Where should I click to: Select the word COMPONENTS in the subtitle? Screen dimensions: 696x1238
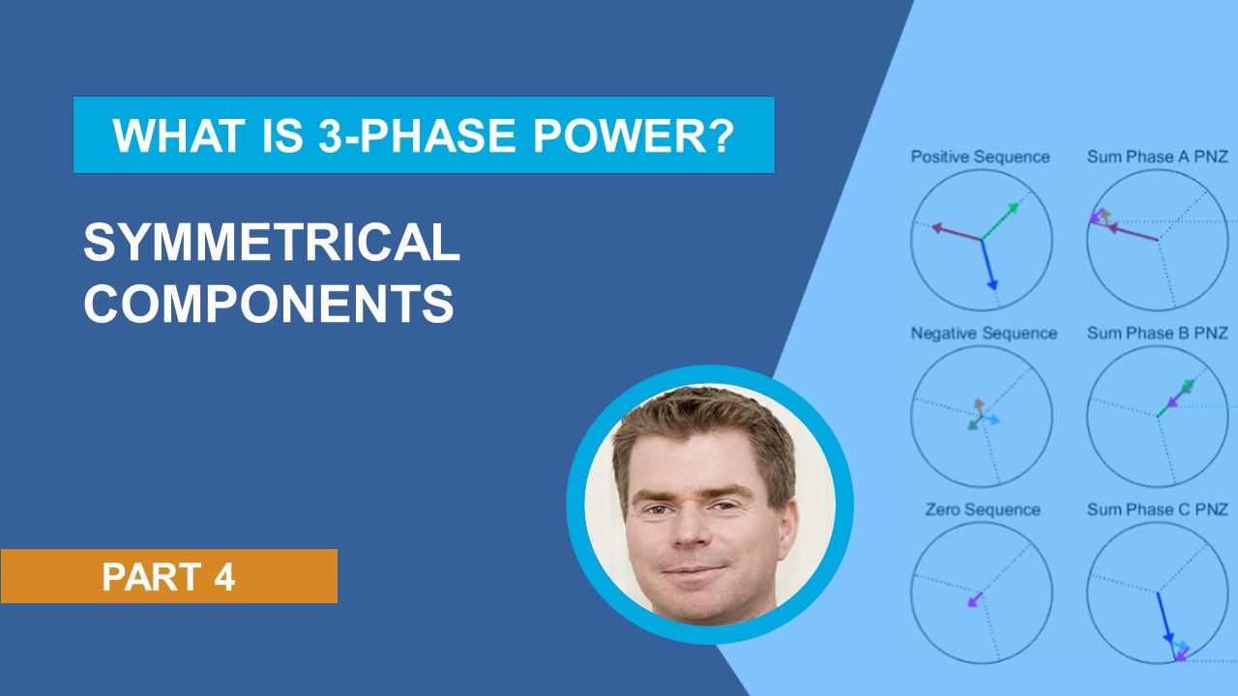(x=269, y=304)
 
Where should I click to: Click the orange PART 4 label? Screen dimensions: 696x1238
(x=168, y=576)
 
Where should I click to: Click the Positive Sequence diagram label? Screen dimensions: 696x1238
(x=980, y=157)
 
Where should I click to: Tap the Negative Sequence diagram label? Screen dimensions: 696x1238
(x=984, y=333)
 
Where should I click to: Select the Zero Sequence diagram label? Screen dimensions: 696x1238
(x=982, y=509)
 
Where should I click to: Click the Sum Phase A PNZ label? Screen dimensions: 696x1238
(x=1157, y=157)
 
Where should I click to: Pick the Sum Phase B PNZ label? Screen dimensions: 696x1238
(x=1157, y=333)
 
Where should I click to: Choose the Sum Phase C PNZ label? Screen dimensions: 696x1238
(x=1157, y=509)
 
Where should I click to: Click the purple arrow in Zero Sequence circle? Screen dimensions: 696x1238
(x=974, y=599)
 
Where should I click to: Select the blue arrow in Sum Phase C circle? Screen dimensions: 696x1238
(x=1164, y=619)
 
